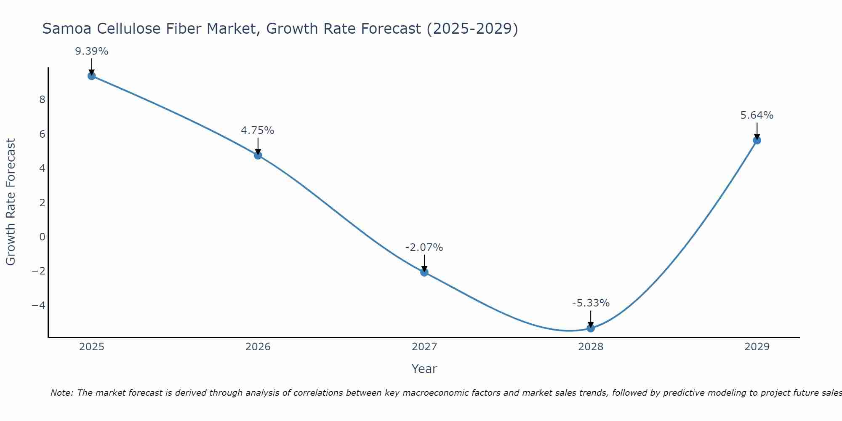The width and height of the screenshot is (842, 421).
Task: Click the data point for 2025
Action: tap(92, 76)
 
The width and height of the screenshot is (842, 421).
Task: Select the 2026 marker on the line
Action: tap(258, 155)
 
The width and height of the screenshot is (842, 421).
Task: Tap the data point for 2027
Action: tap(424, 272)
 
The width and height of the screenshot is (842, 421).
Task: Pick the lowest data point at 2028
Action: tap(591, 328)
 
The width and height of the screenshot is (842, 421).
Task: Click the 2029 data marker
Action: tap(757, 140)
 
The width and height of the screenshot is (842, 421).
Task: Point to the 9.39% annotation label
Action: tap(92, 51)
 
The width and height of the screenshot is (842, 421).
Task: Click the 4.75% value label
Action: tap(258, 131)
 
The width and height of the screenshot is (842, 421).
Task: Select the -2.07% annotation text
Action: tap(424, 248)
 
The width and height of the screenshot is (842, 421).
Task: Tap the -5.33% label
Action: tap(591, 303)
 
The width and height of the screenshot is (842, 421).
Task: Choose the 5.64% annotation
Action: tap(757, 115)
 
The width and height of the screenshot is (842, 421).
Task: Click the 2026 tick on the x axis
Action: tap(258, 347)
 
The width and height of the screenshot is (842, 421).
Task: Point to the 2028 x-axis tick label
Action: tap(591, 347)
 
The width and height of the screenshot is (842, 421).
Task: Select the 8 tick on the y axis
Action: tap(42, 100)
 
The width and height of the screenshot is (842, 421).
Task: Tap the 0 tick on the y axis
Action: tap(42, 237)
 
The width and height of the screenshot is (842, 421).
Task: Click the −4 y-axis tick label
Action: tap(39, 305)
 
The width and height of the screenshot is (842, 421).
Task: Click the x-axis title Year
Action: tap(424, 369)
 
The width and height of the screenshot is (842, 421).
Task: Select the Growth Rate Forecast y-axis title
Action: tap(11, 202)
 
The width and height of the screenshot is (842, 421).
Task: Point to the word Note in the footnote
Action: tap(62, 393)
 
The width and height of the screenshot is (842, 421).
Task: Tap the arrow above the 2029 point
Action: tap(757, 131)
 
